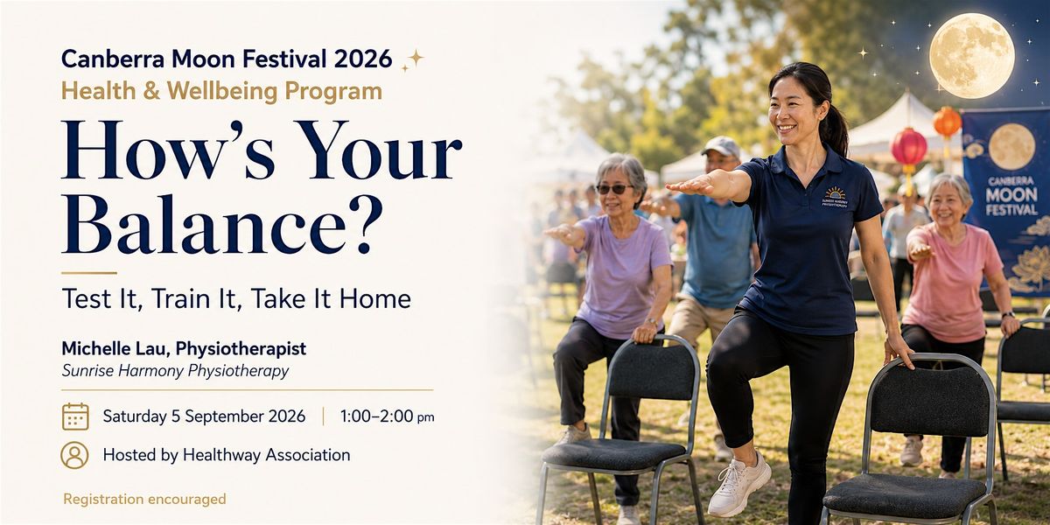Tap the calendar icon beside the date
75,416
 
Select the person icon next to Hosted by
74,455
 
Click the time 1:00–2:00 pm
387,416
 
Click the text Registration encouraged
145,500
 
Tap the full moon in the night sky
972,56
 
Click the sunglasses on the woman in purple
613,189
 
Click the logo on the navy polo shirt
835,198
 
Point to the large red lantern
909,147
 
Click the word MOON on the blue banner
1011,195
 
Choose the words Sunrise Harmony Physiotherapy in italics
175,371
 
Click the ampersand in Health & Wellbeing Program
151,91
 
